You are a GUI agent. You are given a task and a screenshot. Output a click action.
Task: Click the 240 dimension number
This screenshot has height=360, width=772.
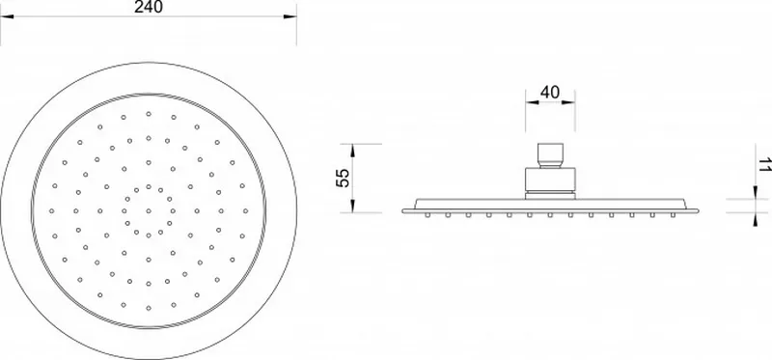[x=149, y=7]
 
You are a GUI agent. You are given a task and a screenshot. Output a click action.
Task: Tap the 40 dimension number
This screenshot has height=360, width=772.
[x=550, y=92]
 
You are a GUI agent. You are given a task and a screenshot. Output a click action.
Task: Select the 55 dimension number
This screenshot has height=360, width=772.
[x=343, y=178]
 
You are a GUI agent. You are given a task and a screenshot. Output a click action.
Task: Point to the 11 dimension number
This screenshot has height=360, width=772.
[x=764, y=164]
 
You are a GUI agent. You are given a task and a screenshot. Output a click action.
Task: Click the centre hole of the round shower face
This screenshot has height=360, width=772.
[x=149, y=210]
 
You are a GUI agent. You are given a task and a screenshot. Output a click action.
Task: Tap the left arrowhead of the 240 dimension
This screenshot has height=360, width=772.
[x=7, y=16]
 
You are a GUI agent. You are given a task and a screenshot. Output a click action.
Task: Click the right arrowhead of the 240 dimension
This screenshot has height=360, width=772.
[x=290, y=16]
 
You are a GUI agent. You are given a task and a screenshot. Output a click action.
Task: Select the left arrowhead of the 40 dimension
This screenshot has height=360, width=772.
[x=532, y=102]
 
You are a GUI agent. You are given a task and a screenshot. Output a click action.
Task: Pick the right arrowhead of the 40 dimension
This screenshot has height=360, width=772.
[x=568, y=102]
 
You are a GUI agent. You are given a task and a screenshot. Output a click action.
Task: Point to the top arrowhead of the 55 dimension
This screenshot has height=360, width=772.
[x=353, y=151]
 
